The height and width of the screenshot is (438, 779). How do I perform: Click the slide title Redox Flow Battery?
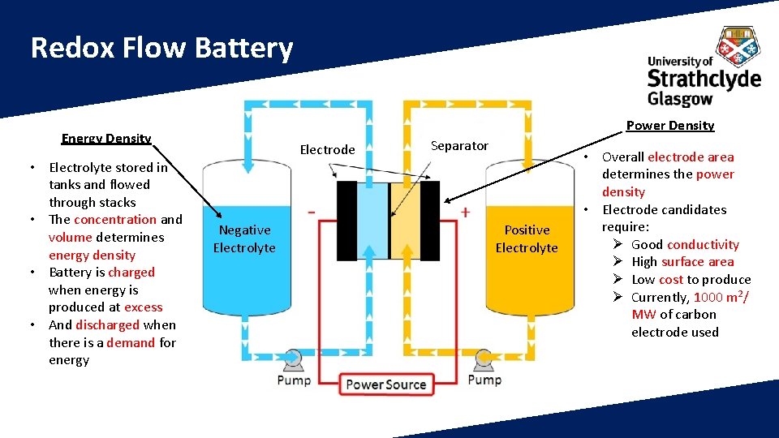coord(161,49)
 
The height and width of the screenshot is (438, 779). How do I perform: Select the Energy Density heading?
coord(106,138)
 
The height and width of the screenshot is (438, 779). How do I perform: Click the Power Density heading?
coord(670,125)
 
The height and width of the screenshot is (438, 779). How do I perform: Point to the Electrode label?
coord(327,149)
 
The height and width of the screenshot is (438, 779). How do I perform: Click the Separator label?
coord(459,146)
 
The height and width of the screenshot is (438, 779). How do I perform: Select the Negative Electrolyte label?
coord(244,239)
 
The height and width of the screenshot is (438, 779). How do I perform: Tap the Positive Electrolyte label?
coord(527,239)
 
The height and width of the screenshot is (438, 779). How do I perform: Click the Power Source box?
coord(386,384)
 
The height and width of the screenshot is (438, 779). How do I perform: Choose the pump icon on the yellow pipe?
coord(484,358)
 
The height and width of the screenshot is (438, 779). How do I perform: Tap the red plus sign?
coord(466,212)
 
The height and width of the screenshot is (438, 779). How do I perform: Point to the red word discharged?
coord(107,325)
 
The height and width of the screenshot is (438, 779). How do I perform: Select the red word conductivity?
coord(703,245)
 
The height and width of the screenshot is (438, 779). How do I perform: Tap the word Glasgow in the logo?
coord(680,99)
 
